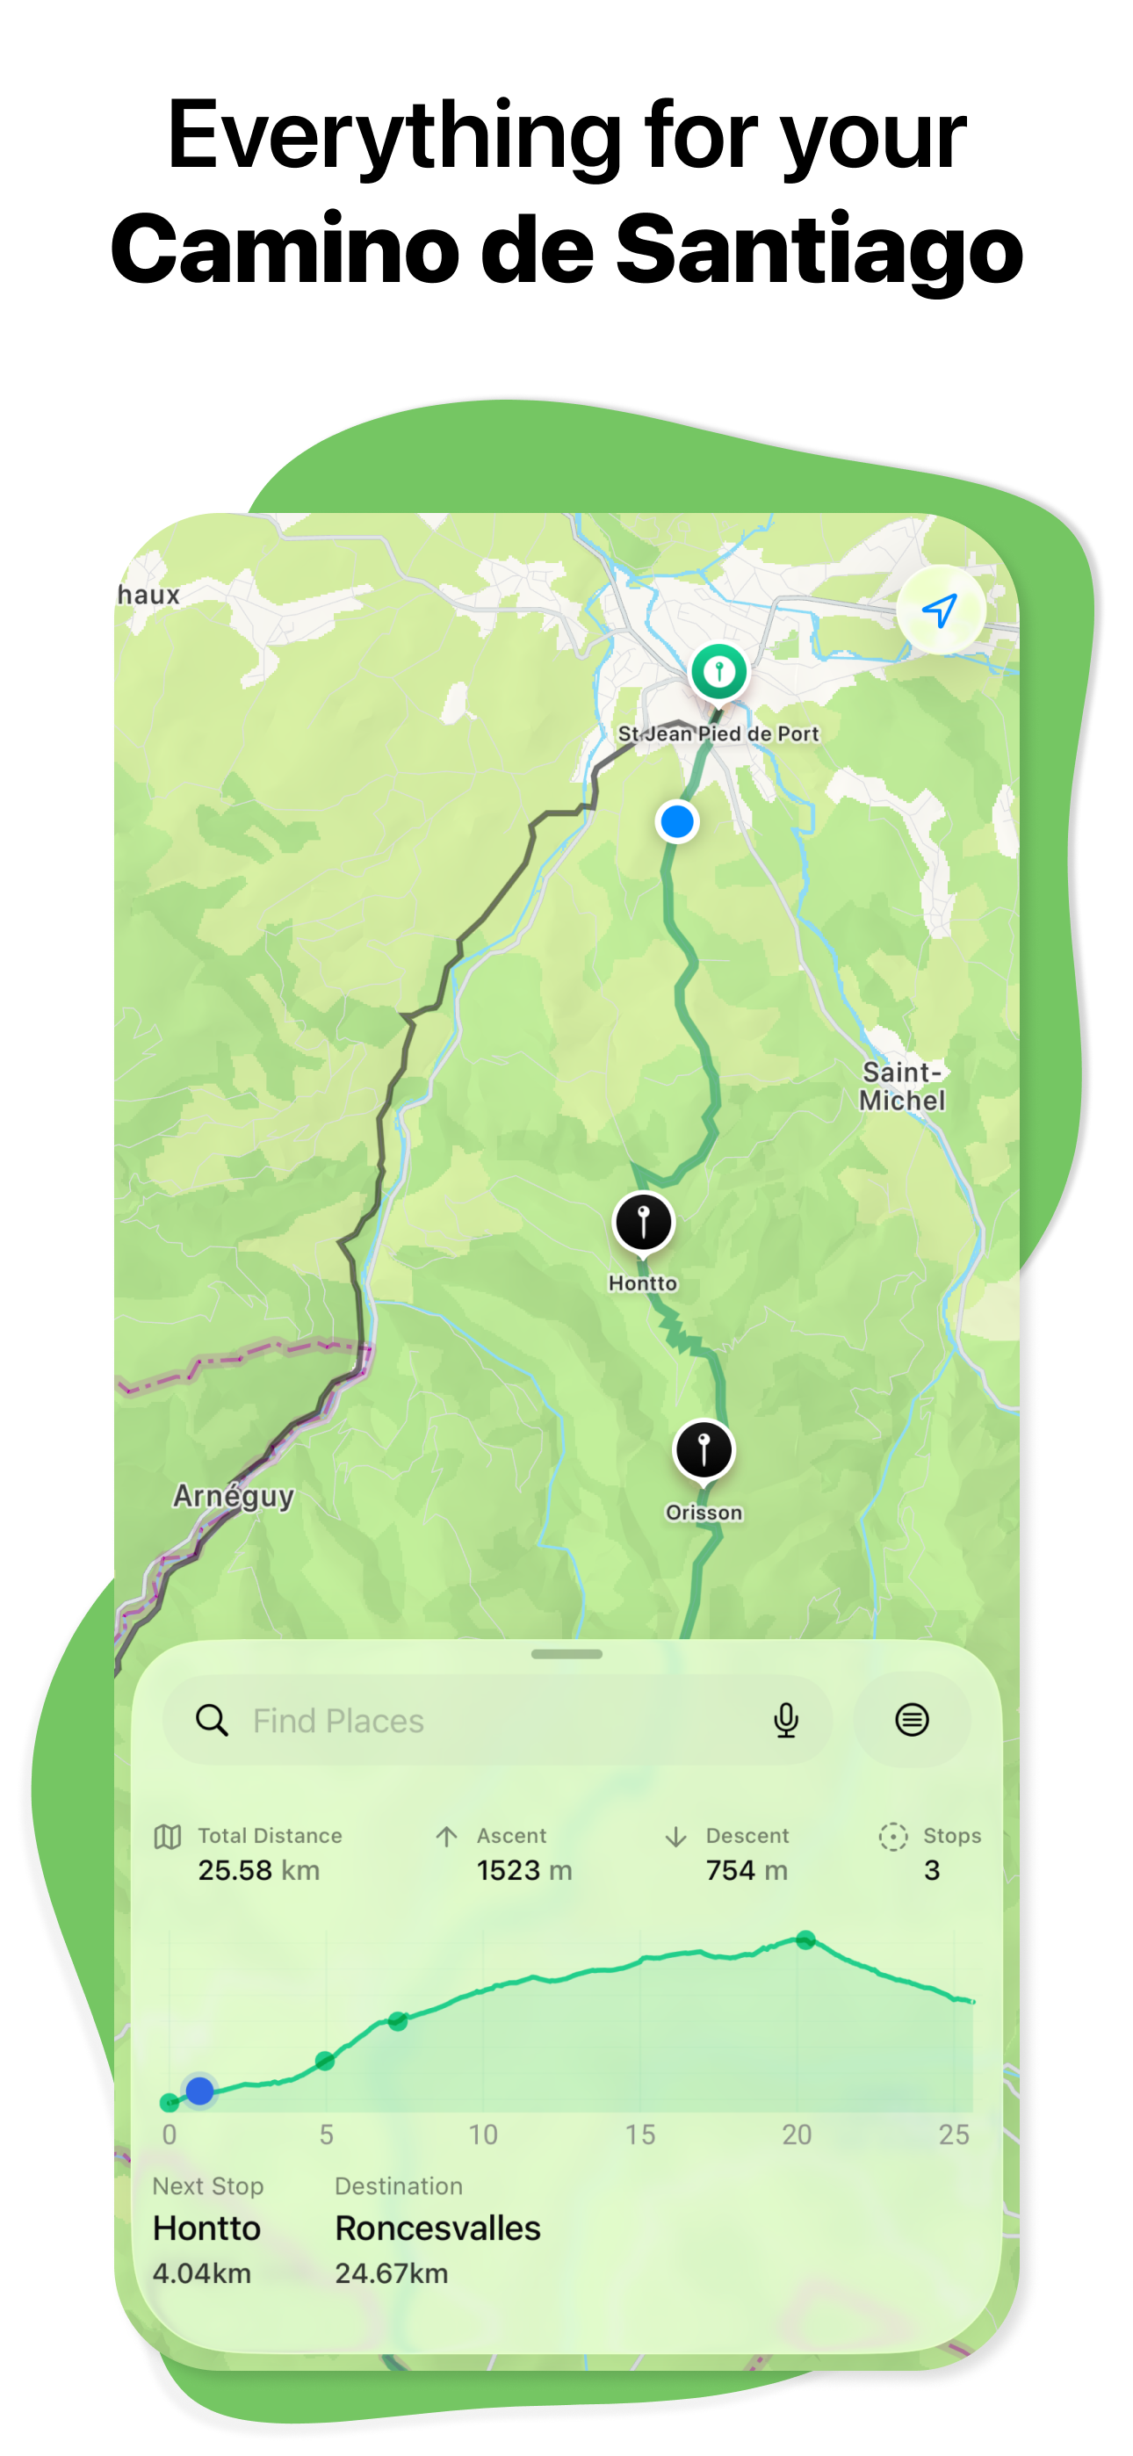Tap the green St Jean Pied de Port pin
pos(719,672)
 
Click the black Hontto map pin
pos(644,1221)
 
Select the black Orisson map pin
pos(704,1450)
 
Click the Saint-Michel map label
pos(902,1086)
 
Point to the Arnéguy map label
pos(234,1496)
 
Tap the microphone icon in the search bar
pos(786,1721)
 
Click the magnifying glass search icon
pos(212,1721)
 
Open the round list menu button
pos(912,1720)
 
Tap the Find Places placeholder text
pos(338,1721)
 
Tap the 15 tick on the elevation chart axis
pos(640,2135)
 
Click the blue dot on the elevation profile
pos(199,2091)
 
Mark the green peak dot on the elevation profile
pos(806,1940)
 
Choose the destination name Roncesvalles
pos(437,2228)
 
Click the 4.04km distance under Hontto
pos(201,2274)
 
